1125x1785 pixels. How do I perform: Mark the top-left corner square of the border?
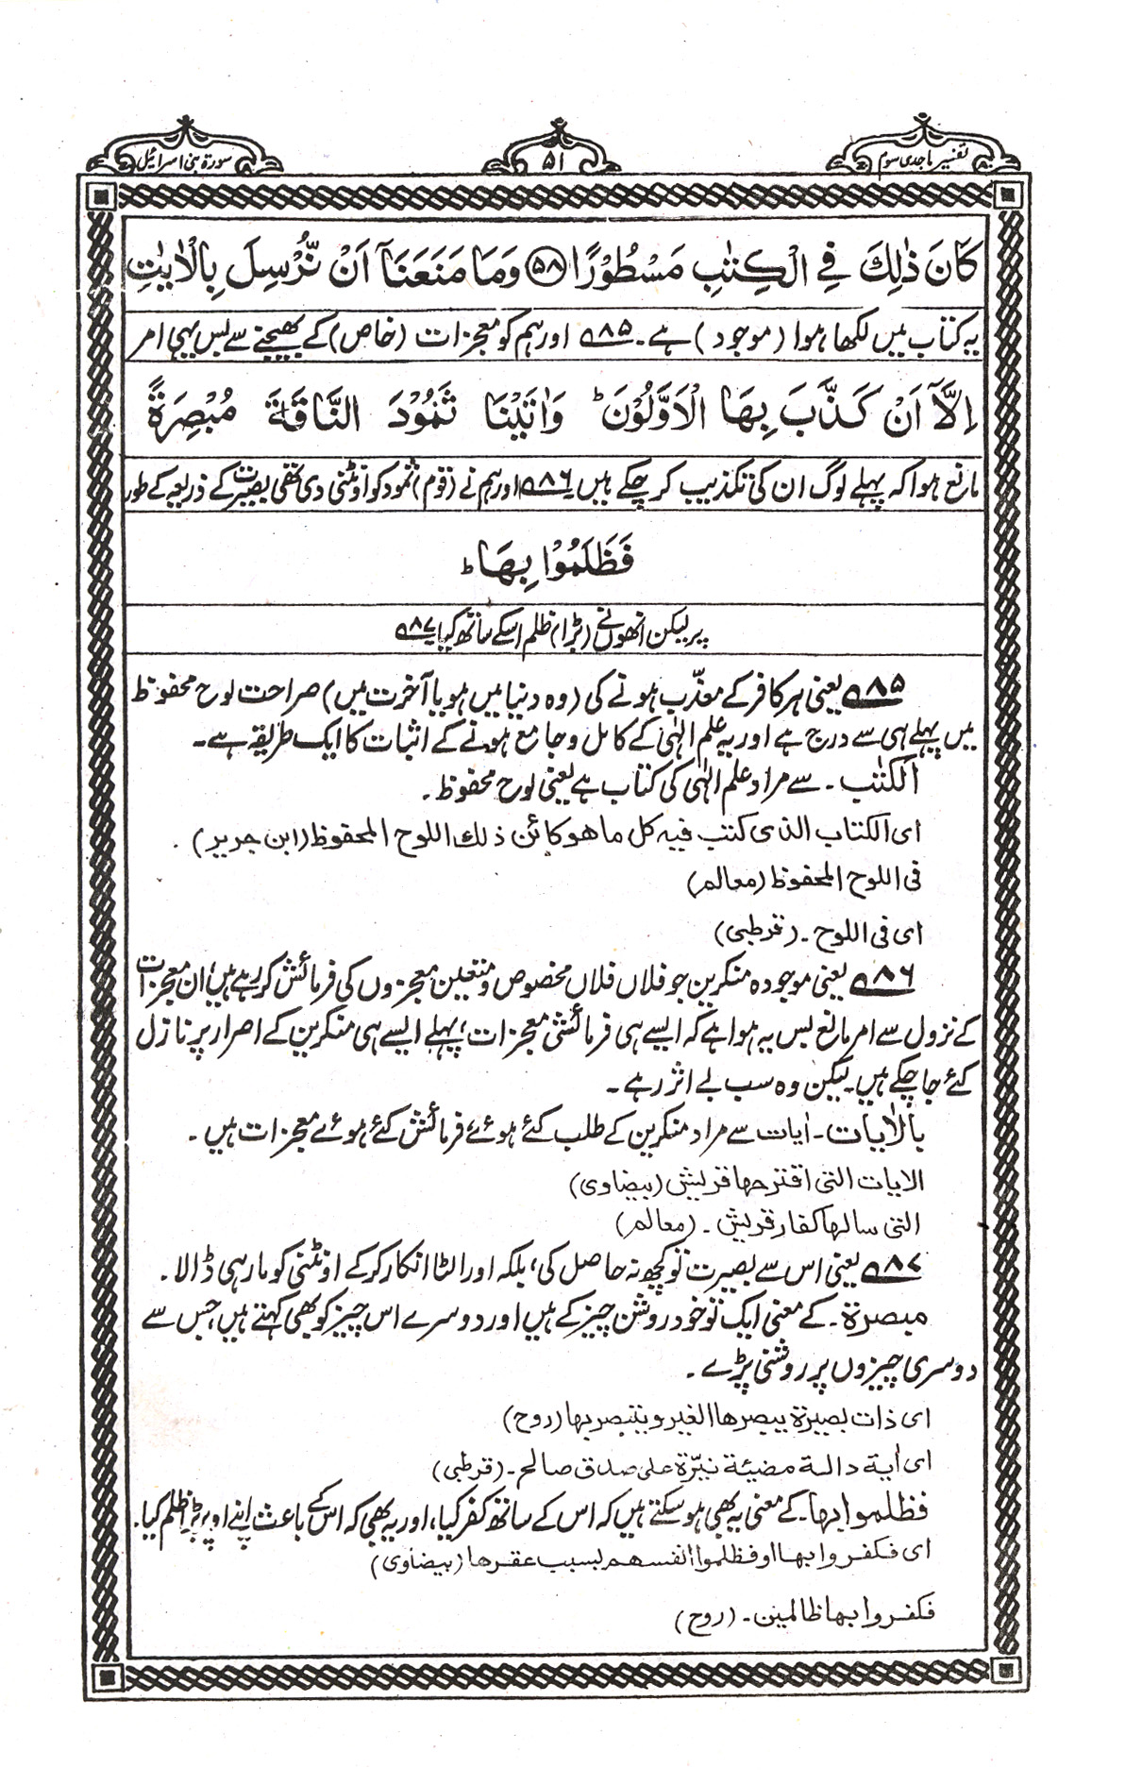click(x=103, y=196)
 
